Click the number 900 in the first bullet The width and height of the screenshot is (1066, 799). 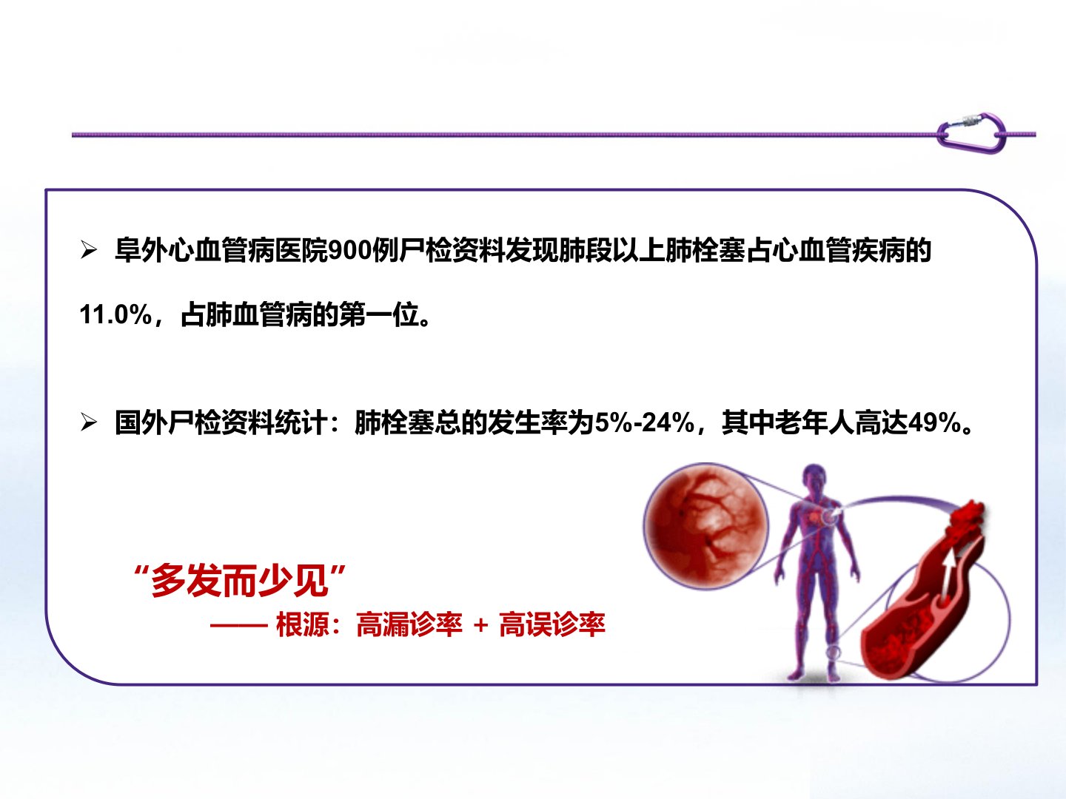pos(349,252)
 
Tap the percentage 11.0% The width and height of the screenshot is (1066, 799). pos(115,314)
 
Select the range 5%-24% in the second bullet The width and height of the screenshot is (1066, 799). pos(645,422)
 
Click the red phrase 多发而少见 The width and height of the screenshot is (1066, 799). pos(239,580)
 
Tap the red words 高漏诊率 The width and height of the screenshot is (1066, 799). pos(409,624)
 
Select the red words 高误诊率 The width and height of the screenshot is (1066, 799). pos(552,624)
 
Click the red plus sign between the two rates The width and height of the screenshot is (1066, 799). pos(480,625)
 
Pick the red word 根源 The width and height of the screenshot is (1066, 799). pos(302,624)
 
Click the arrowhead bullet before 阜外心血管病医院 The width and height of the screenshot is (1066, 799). pos(89,251)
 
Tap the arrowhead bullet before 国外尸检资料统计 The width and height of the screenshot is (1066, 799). pos(89,422)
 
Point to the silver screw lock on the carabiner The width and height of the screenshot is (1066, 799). pos(967,119)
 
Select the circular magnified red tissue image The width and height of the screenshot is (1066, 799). pos(705,525)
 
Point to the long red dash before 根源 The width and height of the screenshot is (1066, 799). pos(239,626)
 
